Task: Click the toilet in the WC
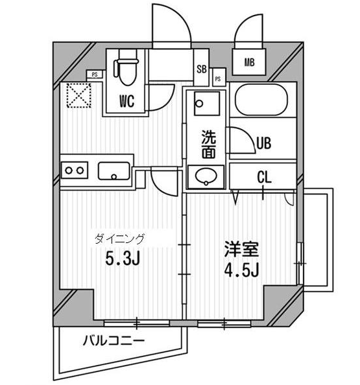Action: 125,67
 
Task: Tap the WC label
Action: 126,100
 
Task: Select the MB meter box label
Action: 249,63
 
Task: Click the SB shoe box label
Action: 202,69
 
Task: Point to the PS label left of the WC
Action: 95,75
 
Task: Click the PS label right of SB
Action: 218,79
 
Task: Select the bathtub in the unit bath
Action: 261,99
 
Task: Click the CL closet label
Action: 264,177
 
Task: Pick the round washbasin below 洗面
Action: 206,176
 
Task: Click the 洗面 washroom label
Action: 209,145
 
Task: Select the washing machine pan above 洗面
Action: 207,103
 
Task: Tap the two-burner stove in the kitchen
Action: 75,170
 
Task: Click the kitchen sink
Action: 114,171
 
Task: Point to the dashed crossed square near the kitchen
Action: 79,95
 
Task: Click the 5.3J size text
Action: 123,259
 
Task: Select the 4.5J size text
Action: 241,270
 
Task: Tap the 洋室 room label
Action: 241,250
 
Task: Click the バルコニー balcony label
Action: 114,341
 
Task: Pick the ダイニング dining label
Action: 119,239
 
